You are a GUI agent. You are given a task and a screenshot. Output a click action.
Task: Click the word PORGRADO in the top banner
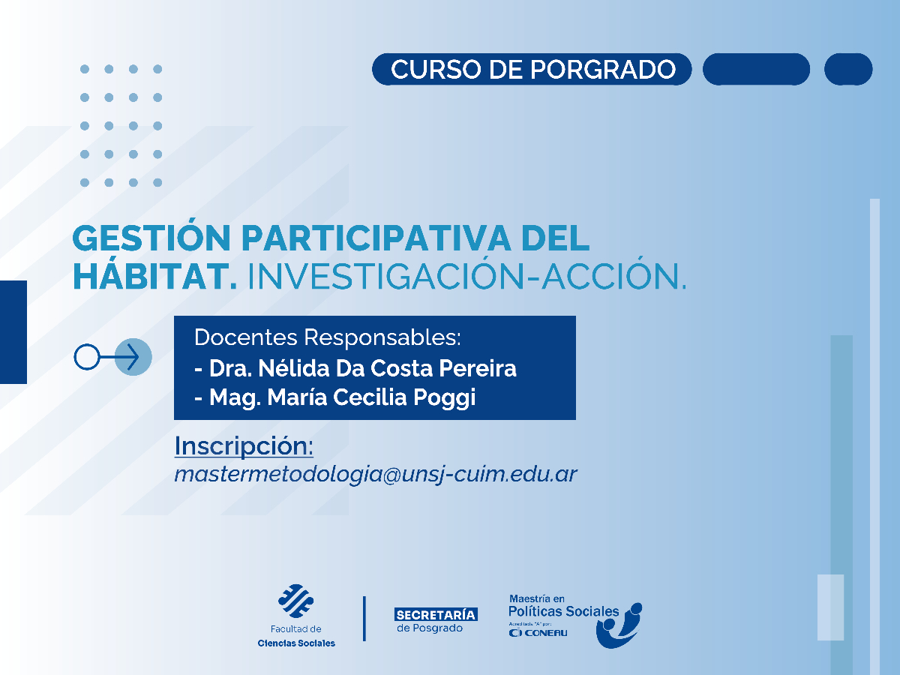tap(604, 69)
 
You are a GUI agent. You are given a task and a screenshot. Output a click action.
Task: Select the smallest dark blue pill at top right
tap(848, 69)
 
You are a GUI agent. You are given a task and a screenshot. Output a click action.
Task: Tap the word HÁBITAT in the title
tap(154, 277)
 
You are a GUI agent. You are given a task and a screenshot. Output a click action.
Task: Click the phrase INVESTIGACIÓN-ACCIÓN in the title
tap(466, 277)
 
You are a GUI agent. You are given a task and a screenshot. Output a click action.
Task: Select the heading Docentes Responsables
tap(327, 337)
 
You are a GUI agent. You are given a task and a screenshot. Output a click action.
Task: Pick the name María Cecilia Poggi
tap(343, 397)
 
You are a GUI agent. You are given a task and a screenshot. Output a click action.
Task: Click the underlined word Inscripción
tap(244, 445)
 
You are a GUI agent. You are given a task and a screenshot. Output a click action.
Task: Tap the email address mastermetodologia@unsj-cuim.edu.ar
tap(376, 474)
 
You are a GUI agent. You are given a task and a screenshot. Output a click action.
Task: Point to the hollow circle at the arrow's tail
tap(86, 356)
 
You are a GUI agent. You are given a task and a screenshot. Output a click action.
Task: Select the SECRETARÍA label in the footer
tap(436, 614)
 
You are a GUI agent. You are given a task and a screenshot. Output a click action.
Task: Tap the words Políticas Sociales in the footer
tap(564, 611)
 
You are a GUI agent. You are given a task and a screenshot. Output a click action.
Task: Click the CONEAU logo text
tap(538, 633)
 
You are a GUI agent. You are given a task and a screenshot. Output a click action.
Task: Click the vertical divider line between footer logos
tap(364, 619)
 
